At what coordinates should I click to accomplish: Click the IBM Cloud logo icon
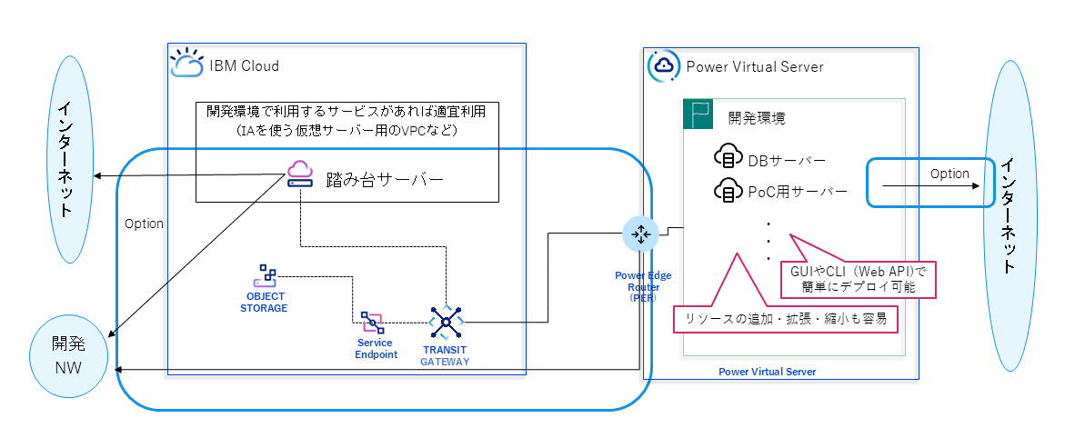coord(186,64)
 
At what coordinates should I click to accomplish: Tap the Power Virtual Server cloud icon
coord(664,65)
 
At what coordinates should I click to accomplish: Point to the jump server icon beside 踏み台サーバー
coord(299,174)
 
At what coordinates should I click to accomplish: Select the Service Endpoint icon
coord(372,322)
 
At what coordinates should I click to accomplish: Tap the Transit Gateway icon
coord(446,320)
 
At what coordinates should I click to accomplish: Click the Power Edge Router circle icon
coord(639,234)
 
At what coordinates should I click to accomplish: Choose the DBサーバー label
coord(786,161)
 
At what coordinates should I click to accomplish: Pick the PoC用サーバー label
coord(797,192)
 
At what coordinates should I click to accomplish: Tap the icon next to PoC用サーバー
coord(728,191)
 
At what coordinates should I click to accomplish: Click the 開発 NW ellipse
coord(68,355)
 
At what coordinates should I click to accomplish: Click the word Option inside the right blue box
coord(949,174)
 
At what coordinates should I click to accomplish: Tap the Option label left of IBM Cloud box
coord(144,224)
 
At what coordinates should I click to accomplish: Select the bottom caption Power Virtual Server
coord(767,372)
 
